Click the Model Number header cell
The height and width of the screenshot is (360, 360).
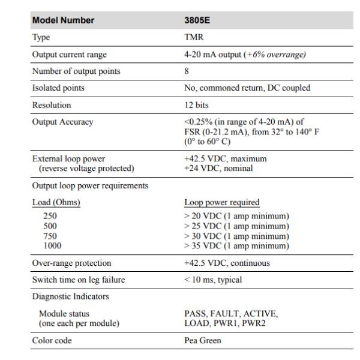[63, 20]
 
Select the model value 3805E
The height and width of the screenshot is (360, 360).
[197, 20]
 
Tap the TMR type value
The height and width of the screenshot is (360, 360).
[193, 37]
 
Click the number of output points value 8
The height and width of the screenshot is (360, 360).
[187, 71]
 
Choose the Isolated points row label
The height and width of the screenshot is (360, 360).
[58, 88]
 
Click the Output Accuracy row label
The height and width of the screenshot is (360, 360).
[62, 122]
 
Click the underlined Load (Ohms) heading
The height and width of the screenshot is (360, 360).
[56, 202]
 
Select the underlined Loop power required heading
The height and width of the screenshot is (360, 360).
[221, 202]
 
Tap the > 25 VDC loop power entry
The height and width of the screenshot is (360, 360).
[236, 226]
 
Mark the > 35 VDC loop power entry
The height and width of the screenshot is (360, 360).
[236, 245]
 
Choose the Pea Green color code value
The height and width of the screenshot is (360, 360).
[203, 341]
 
